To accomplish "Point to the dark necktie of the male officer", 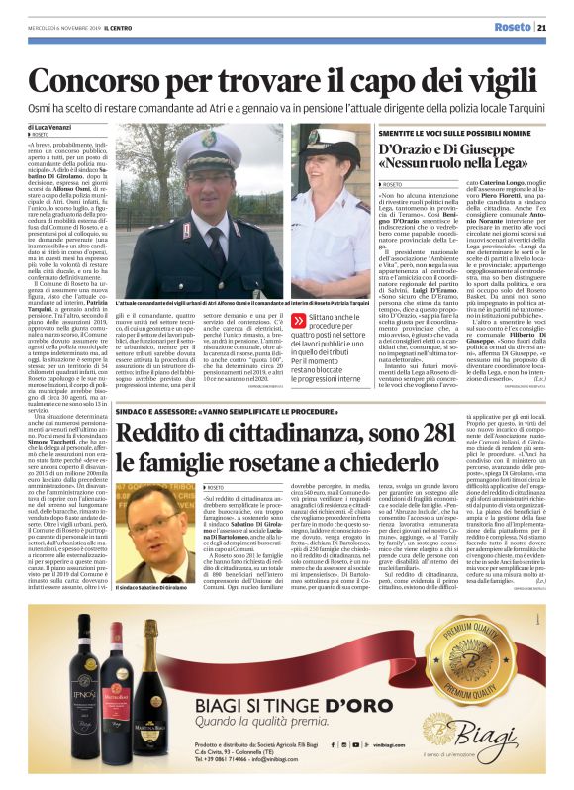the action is [x=215, y=247].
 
